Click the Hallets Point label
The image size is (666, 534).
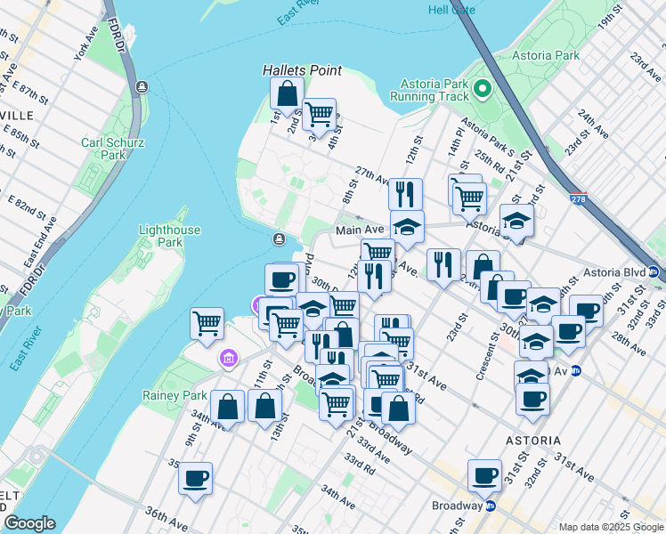296,69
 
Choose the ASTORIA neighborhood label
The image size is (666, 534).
532,441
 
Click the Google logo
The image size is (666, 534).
29,523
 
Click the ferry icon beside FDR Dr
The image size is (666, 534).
142,86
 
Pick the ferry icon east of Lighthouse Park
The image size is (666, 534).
280,239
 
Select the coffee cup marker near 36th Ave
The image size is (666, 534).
195,478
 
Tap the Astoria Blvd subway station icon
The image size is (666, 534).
654,272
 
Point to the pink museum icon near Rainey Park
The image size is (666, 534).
229,358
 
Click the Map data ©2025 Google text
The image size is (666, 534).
610,527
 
